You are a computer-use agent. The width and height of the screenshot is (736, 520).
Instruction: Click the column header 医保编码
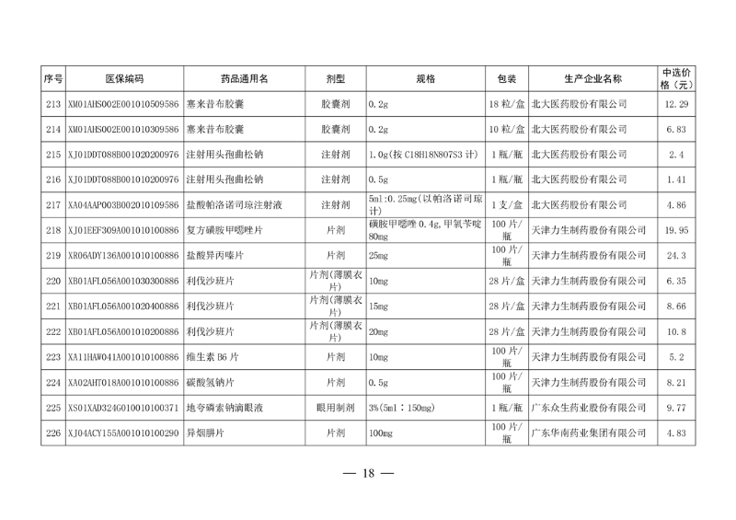123,79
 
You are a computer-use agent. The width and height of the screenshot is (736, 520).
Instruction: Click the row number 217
52,204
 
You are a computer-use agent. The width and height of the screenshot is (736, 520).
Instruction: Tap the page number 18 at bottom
367,474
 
